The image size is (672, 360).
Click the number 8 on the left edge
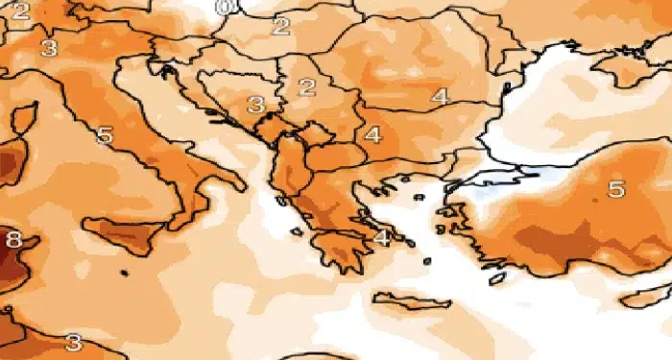(12, 239)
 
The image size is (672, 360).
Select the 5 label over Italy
(105, 135)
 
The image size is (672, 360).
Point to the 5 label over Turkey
(616, 189)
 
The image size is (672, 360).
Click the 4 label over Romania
(439, 97)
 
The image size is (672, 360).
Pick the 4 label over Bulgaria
(372, 135)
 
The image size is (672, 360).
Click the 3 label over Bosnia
(255, 105)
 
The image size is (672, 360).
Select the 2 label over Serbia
(307, 88)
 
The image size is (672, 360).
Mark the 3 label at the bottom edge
(73, 342)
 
